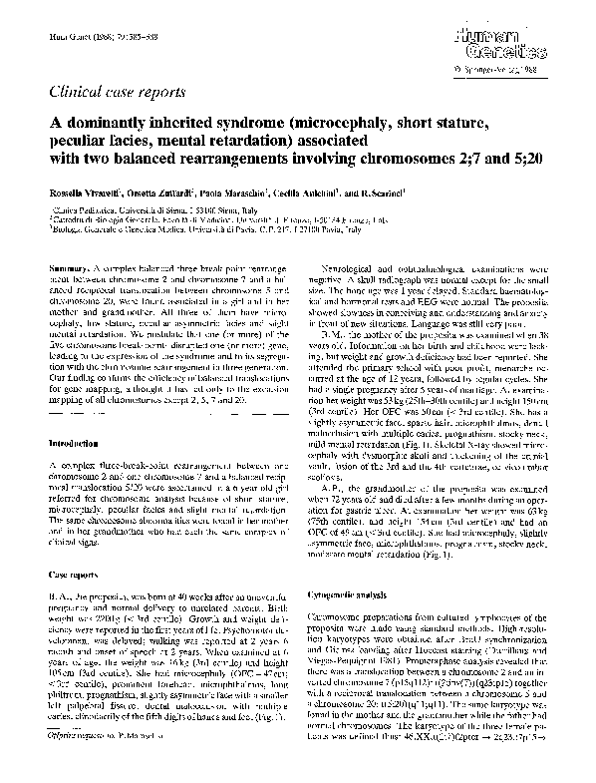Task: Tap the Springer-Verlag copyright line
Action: (x=508, y=71)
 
